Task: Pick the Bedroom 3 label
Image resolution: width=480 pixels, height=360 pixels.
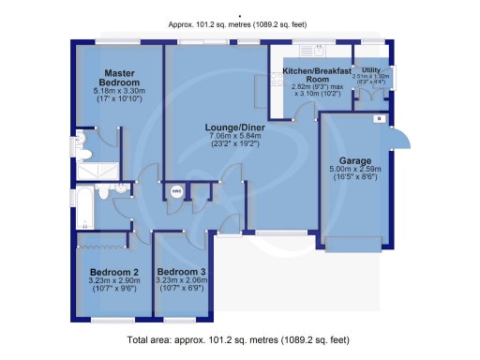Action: [x=184, y=271]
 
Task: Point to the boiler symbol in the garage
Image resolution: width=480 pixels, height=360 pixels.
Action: [x=378, y=119]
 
